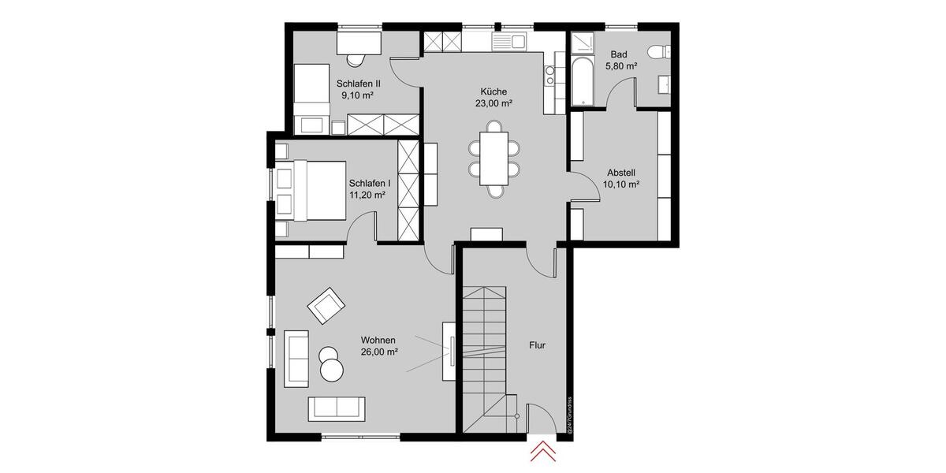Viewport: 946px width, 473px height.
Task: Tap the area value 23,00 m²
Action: point(494,103)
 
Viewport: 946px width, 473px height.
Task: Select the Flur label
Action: point(538,345)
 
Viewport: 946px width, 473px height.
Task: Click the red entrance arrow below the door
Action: point(542,451)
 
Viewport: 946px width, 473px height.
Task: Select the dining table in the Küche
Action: point(494,158)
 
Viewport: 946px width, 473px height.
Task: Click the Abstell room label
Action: point(621,173)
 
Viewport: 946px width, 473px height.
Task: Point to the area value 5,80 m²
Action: point(620,67)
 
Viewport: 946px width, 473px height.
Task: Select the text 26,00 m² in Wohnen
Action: point(378,352)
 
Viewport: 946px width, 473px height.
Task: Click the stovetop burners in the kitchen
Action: point(550,75)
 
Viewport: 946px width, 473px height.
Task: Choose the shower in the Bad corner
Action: point(582,42)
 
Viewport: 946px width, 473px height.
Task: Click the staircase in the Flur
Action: point(482,355)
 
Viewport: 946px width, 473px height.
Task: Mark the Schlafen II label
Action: point(359,83)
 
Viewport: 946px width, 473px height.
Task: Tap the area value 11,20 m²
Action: point(367,194)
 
